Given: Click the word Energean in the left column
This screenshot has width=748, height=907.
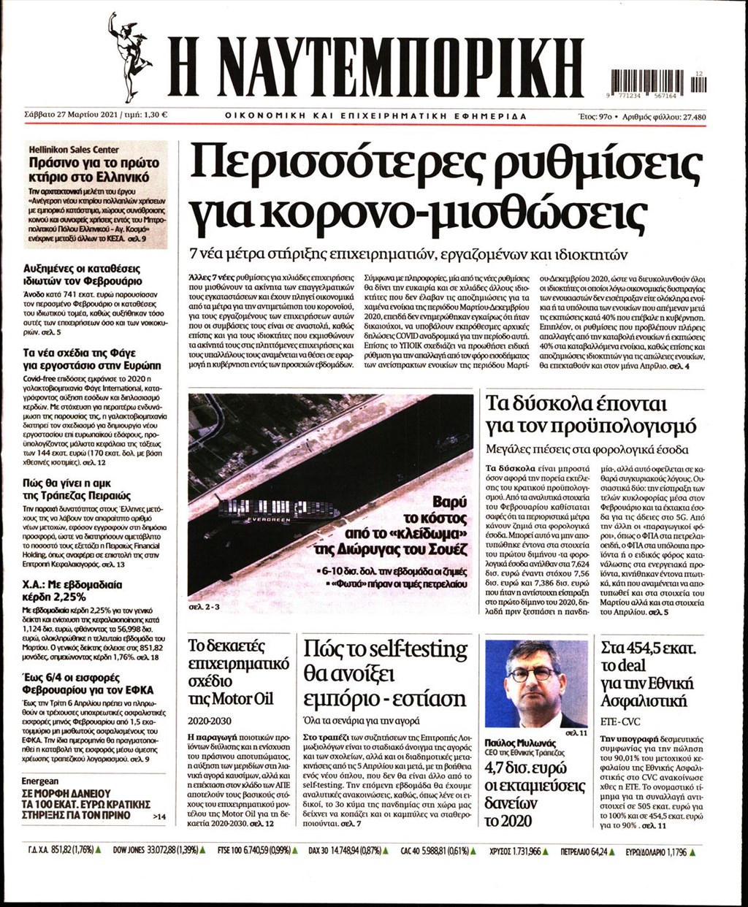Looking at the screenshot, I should pyautogui.click(x=45, y=780).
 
